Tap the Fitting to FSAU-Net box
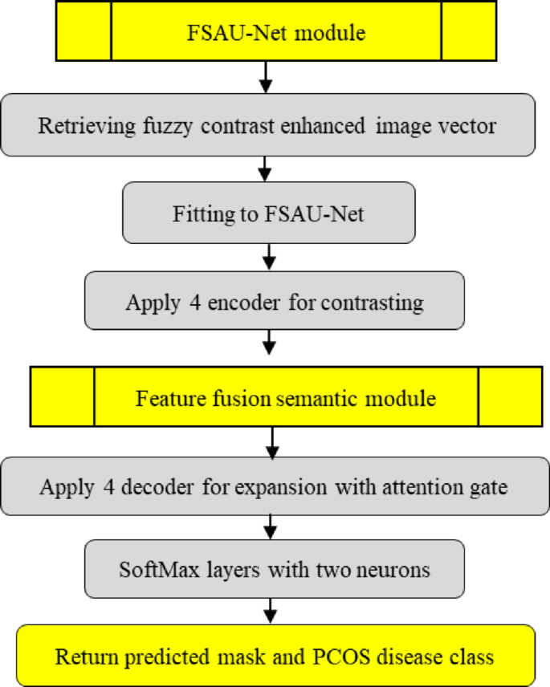tap(269, 213)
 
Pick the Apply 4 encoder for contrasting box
tap(275, 301)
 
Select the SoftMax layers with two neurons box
tap(275, 569)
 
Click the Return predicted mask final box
tap(275, 656)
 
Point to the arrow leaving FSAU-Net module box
tap(268, 77)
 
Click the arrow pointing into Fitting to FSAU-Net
tap(268, 169)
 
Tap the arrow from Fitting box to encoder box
tap(269, 257)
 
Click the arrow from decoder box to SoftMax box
tap(274, 527)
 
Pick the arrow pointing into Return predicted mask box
tap(274, 612)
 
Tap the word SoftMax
tap(153, 570)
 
